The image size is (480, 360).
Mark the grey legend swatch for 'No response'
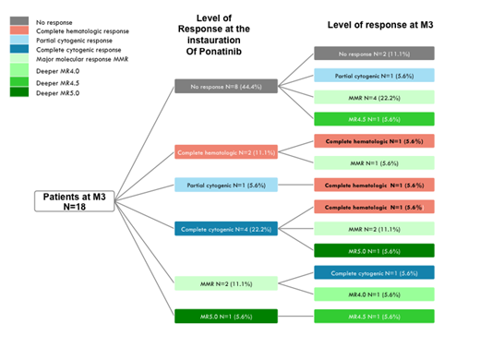tap(18, 20)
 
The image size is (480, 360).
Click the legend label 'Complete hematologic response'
tap(82, 31)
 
